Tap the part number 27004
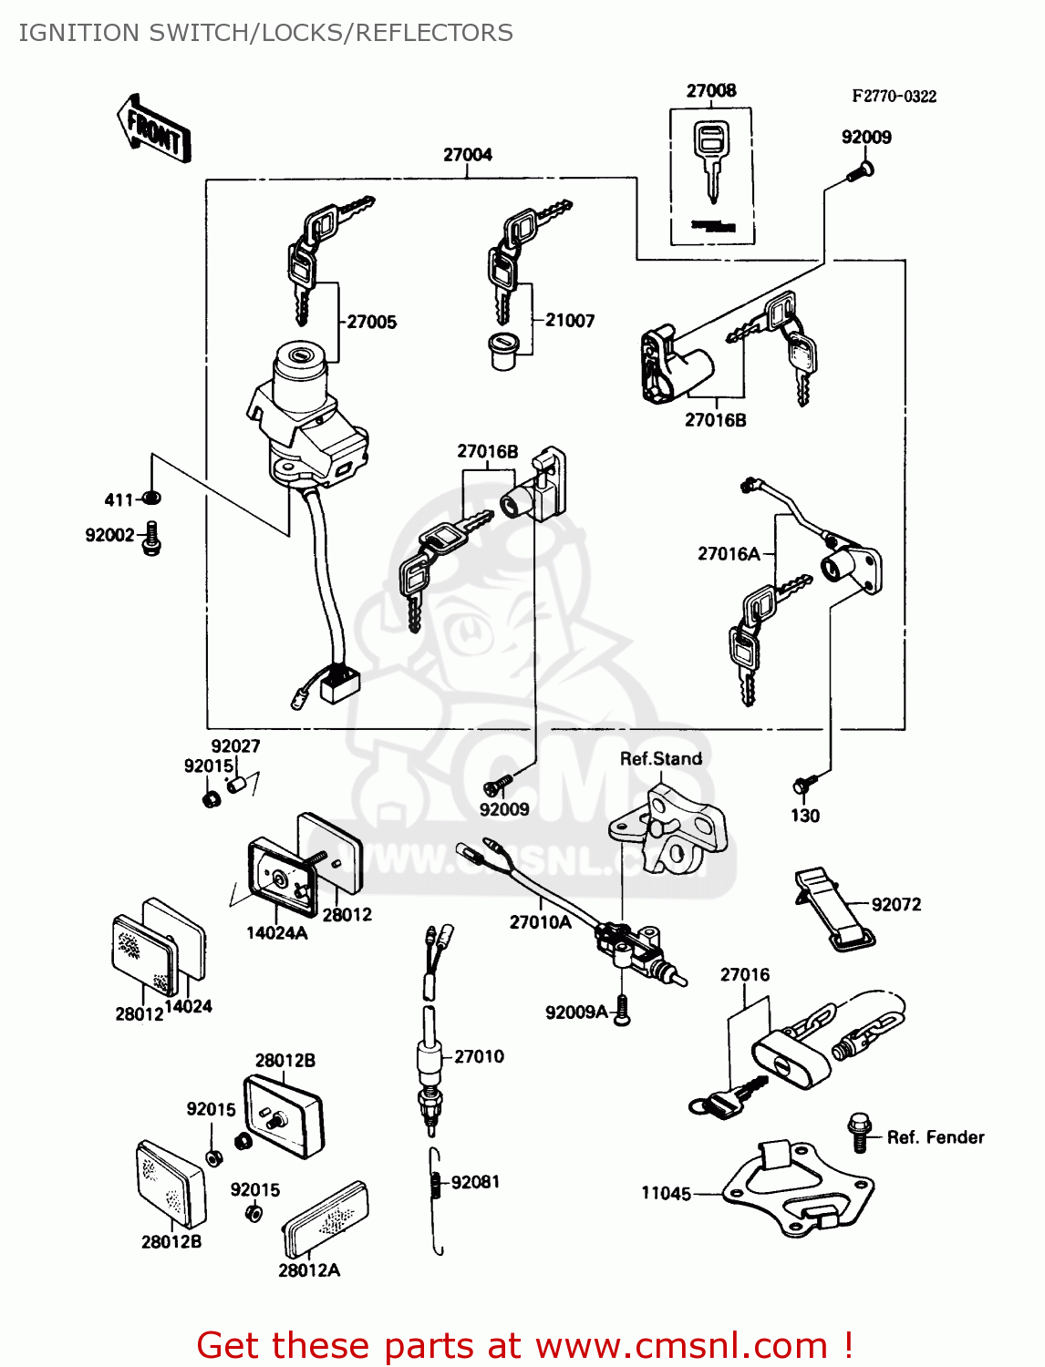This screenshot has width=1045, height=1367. pyautogui.click(x=468, y=155)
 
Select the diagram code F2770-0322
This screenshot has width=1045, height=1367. pyautogui.click(x=894, y=97)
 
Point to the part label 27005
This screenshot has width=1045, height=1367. pyautogui.click(x=372, y=322)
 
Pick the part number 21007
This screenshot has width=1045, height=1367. pyautogui.click(x=570, y=321)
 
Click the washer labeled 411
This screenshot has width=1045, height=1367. pyautogui.click(x=152, y=498)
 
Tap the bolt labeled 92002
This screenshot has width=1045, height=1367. pyautogui.click(x=152, y=538)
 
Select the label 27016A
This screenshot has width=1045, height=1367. pyautogui.click(x=729, y=554)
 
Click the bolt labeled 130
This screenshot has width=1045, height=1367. pyautogui.click(x=805, y=785)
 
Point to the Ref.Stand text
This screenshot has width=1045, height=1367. pyautogui.click(x=661, y=759)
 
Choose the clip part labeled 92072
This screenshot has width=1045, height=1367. pyautogui.click(x=832, y=909)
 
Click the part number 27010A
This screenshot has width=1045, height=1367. pyautogui.click(x=540, y=922)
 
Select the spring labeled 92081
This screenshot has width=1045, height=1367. pyautogui.click(x=436, y=1183)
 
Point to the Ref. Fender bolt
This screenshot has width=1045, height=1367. pyautogui.click(x=859, y=1131)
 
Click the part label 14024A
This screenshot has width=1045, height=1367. pyautogui.click(x=276, y=933)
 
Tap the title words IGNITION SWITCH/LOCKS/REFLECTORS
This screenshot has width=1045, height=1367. pyautogui.click(x=265, y=33)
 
